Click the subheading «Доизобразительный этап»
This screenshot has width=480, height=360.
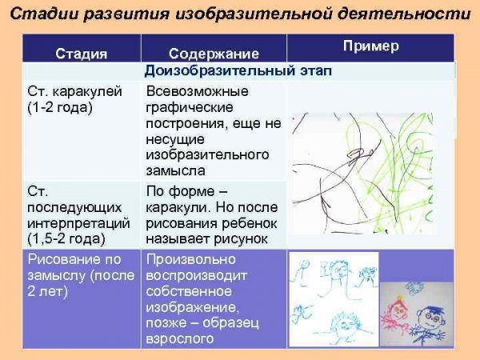pos(238,71)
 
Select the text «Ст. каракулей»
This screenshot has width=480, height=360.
pos(74,91)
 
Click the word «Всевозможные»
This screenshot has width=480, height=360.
pos(195,91)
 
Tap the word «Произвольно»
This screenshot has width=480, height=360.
pos(190,259)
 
